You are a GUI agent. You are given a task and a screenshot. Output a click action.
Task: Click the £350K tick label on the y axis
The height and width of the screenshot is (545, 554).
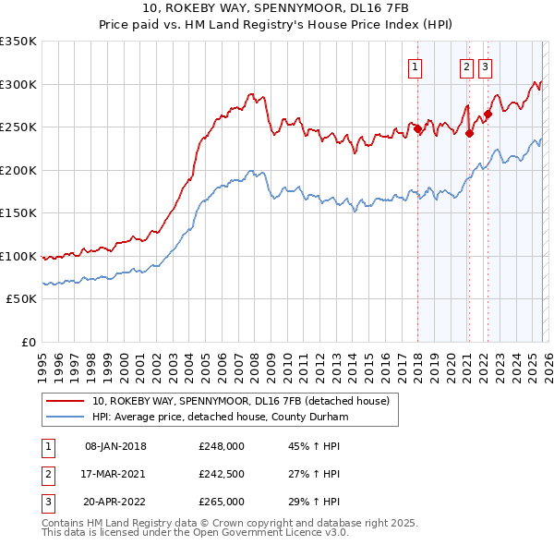pos(18,42)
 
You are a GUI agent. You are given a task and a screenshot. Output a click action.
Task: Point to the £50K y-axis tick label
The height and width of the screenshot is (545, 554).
pos(21,299)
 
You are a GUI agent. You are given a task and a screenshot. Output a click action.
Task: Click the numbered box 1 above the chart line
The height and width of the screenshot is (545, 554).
pos(415,67)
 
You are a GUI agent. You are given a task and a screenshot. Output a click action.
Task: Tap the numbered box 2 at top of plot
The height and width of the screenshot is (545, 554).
pos(467,67)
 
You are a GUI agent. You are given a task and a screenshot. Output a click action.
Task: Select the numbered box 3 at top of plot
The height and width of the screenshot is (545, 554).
pos(485,67)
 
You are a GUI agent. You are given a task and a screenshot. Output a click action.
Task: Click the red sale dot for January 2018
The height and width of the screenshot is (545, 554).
pos(417,129)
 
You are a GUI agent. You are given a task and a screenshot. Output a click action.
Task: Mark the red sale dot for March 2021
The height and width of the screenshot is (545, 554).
pos(469,133)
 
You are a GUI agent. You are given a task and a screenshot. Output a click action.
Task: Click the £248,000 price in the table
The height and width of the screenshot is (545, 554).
pos(221,446)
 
